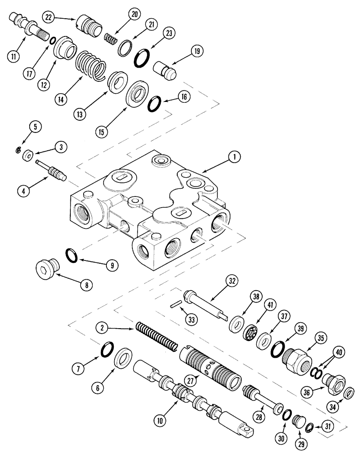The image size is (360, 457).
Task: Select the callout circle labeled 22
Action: point(49,16)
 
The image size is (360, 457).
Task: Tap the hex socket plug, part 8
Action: point(47,271)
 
